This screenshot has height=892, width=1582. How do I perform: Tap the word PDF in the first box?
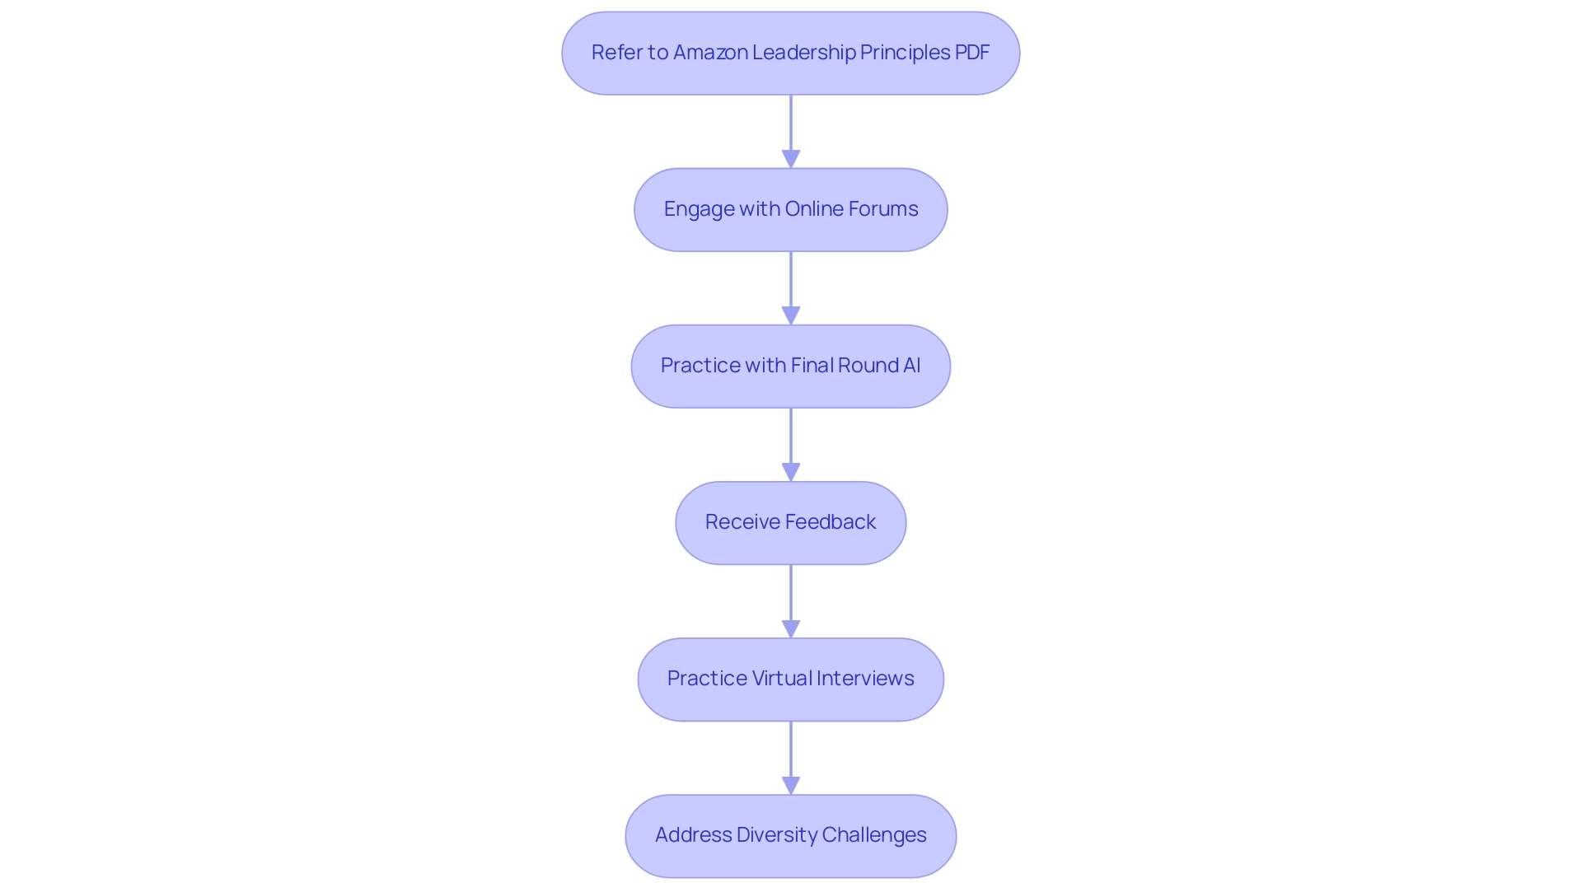tap(972, 53)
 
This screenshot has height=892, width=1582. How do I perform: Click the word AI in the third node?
tap(911, 366)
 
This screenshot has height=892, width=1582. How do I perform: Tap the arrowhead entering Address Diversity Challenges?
tap(791, 785)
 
